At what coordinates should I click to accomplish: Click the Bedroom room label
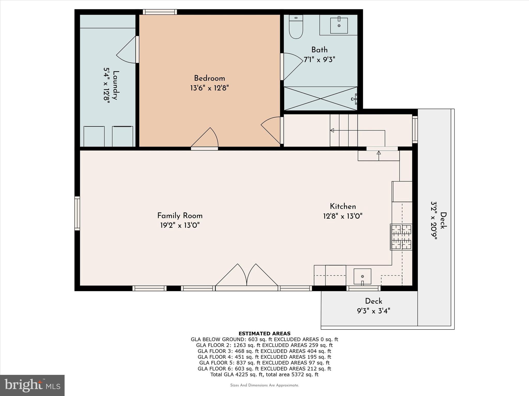[x=209, y=78]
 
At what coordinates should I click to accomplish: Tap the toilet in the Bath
[x=296, y=28]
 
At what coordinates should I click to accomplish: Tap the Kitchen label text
[x=343, y=207]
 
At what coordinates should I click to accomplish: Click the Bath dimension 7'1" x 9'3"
[x=319, y=60]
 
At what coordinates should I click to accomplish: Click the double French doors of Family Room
[x=247, y=276]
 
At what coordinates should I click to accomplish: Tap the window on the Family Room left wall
[x=77, y=213]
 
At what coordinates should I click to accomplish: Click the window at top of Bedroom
[x=160, y=12]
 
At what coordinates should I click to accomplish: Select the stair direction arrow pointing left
[x=332, y=130]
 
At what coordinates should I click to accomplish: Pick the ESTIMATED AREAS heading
[x=264, y=333]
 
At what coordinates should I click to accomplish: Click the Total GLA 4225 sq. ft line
[x=264, y=375]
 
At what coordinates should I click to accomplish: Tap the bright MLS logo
[x=32, y=385]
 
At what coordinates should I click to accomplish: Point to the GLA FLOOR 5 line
[x=264, y=363]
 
